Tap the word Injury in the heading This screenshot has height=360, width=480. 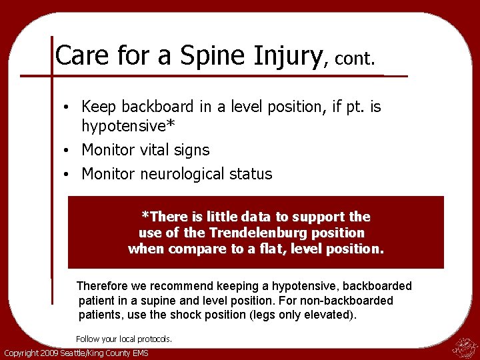click(x=287, y=55)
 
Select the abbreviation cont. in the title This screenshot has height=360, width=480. click(x=355, y=59)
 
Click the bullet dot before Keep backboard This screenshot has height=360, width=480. click(x=68, y=107)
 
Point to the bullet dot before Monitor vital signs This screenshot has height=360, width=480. click(x=68, y=151)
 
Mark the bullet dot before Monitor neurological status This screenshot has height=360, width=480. click(x=68, y=175)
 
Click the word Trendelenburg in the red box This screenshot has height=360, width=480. click(x=287, y=233)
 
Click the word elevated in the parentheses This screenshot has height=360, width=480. click(x=330, y=315)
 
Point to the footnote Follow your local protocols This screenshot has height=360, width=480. click(x=124, y=339)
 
